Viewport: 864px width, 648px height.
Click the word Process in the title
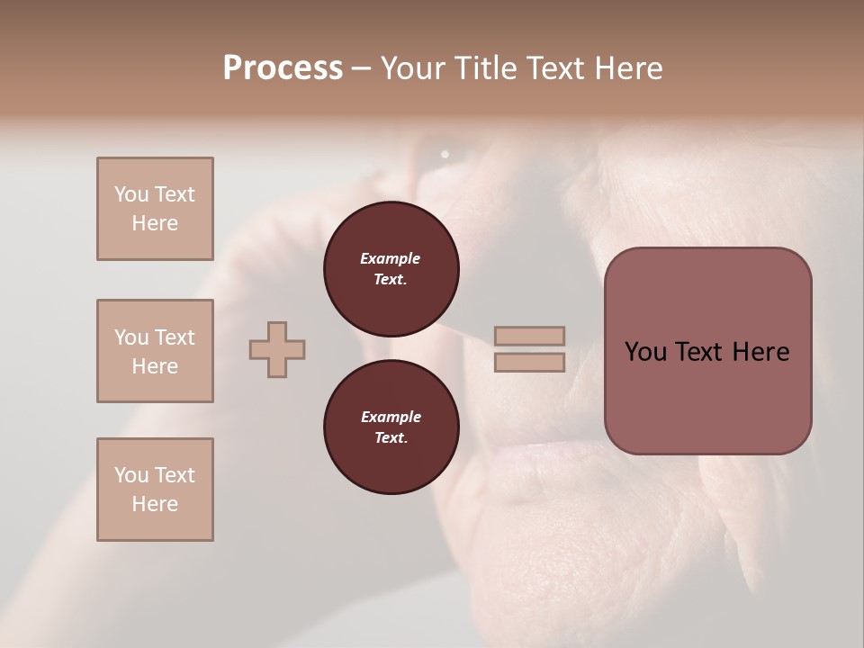click(283, 68)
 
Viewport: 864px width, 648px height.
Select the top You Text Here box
click(155, 209)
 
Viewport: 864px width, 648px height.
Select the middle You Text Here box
click(155, 351)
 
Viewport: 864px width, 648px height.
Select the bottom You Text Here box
click(155, 490)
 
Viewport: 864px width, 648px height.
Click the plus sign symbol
click(277, 349)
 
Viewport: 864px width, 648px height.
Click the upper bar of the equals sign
click(530, 336)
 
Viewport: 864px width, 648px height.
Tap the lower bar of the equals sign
click(530, 363)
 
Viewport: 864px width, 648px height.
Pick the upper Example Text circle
click(391, 269)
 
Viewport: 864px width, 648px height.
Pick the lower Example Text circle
click(391, 427)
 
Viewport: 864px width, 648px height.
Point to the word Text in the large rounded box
click(706, 352)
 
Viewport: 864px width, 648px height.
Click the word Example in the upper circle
click(391, 258)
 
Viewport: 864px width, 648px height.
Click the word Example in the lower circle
click(391, 417)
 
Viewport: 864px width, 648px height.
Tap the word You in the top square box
click(130, 194)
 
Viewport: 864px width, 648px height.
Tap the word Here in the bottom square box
click(155, 504)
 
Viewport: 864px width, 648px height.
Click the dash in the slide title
click(362, 69)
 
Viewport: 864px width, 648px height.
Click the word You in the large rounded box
click(644, 352)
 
